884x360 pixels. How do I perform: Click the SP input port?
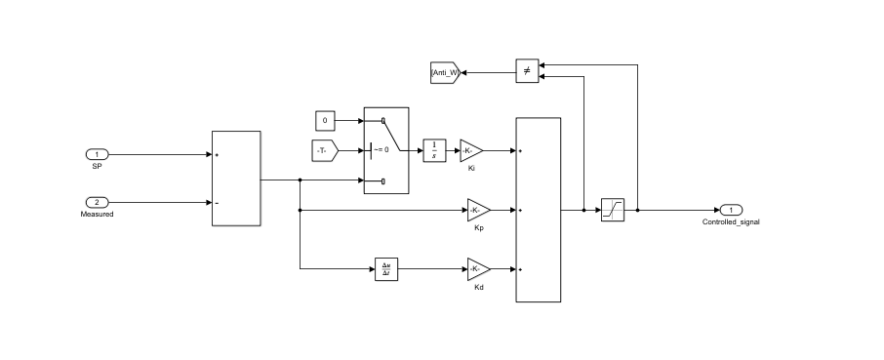tap(98, 155)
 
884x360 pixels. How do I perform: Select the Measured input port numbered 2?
tap(98, 202)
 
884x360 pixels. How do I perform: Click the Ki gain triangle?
tap(470, 151)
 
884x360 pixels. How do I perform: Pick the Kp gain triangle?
tap(477, 210)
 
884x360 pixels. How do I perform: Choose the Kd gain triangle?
tap(477, 268)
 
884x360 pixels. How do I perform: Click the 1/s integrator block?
tap(434, 151)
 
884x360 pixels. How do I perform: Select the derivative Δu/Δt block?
tap(387, 268)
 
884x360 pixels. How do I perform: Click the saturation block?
tap(612, 210)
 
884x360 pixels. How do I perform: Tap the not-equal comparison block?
tap(527, 71)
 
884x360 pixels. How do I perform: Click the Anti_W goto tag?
tap(445, 72)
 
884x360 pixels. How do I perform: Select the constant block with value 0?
tap(325, 120)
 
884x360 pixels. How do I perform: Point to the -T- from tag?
tap(324, 150)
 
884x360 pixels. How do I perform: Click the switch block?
tap(386, 150)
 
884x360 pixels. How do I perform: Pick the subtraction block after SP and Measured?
tap(236, 179)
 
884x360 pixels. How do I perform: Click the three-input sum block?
tap(538, 210)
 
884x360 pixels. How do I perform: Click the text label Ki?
tap(471, 169)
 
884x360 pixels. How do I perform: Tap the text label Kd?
tap(478, 287)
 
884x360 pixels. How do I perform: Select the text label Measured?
tap(98, 214)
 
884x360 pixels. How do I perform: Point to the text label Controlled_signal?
tap(731, 221)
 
